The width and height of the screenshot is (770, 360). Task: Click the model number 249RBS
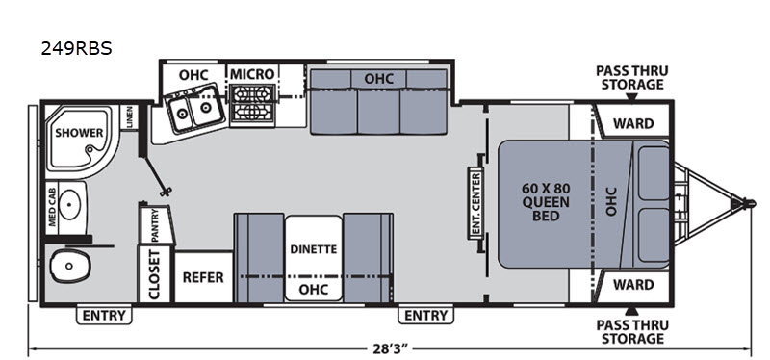(77, 48)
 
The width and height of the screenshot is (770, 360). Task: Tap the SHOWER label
(79, 133)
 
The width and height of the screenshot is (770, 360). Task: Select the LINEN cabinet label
(130, 116)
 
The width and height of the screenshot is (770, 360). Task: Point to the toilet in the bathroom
(70, 266)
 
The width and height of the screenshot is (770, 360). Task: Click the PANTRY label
(155, 225)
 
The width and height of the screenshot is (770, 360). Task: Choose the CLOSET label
(155, 274)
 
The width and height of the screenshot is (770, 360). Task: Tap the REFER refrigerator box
(203, 277)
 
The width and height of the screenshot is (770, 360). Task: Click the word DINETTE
(314, 249)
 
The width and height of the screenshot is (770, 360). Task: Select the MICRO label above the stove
(252, 74)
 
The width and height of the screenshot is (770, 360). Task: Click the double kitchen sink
(192, 111)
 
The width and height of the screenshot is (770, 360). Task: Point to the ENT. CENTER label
(475, 202)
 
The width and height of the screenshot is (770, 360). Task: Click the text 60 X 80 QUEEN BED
(546, 202)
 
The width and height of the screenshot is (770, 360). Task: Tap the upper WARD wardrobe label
(634, 123)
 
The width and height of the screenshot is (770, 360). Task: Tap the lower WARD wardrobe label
(634, 285)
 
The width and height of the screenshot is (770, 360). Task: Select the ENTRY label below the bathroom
(104, 316)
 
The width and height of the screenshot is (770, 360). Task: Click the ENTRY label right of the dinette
(425, 316)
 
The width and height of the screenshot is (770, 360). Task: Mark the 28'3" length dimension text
(391, 349)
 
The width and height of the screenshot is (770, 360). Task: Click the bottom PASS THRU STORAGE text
(632, 332)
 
